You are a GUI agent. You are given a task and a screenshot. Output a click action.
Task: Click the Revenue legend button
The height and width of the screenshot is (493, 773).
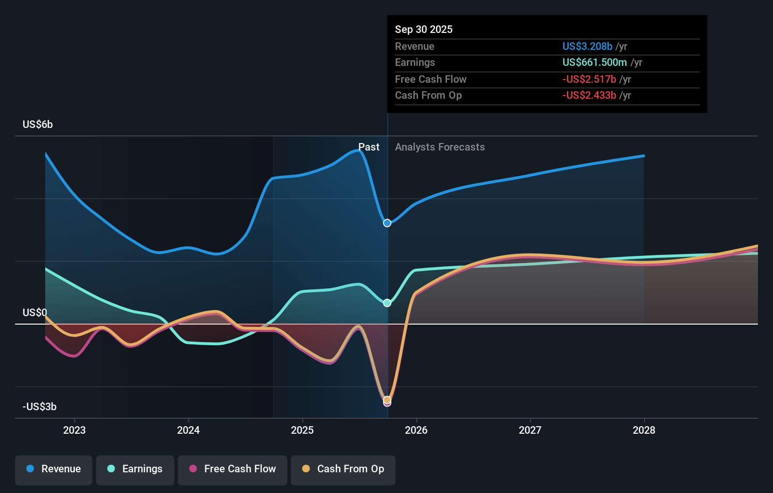54,469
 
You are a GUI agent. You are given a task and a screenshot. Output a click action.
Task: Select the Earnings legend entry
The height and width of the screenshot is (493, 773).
135,469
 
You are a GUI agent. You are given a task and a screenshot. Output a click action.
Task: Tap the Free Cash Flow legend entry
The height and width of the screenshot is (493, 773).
233,469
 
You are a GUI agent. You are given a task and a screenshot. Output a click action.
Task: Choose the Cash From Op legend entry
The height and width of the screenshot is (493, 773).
343,469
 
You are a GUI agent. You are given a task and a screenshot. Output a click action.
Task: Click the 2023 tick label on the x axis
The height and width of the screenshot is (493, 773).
74,430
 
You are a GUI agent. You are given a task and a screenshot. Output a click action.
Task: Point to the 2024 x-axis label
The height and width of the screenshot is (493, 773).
188,430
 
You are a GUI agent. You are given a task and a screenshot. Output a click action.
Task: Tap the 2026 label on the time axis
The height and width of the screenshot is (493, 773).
416,430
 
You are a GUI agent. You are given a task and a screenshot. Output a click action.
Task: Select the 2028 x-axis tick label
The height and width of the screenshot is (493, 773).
644,430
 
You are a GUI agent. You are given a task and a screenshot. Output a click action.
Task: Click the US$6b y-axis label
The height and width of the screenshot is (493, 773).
38,125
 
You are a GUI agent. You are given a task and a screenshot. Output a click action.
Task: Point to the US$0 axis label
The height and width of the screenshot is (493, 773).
35,313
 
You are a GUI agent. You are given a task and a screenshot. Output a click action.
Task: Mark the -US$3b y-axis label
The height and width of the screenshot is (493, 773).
40,407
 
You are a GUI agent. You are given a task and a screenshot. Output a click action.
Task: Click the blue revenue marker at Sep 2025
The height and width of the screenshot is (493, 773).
387,223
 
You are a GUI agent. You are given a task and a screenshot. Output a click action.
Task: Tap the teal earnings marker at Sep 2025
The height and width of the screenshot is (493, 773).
387,303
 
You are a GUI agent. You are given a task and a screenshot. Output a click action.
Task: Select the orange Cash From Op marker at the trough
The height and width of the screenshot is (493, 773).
387,400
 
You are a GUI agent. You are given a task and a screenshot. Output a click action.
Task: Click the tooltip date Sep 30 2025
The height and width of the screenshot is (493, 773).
424,30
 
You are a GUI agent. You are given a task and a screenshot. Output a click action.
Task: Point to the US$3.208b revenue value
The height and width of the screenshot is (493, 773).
587,47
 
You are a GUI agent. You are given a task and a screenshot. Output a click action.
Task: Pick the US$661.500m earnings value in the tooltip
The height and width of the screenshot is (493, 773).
595,63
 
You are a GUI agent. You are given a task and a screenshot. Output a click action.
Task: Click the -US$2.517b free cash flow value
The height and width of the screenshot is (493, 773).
589,80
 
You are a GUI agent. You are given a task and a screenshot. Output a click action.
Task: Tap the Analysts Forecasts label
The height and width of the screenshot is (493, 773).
440,147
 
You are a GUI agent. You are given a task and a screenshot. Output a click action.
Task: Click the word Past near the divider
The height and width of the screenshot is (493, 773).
369,147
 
